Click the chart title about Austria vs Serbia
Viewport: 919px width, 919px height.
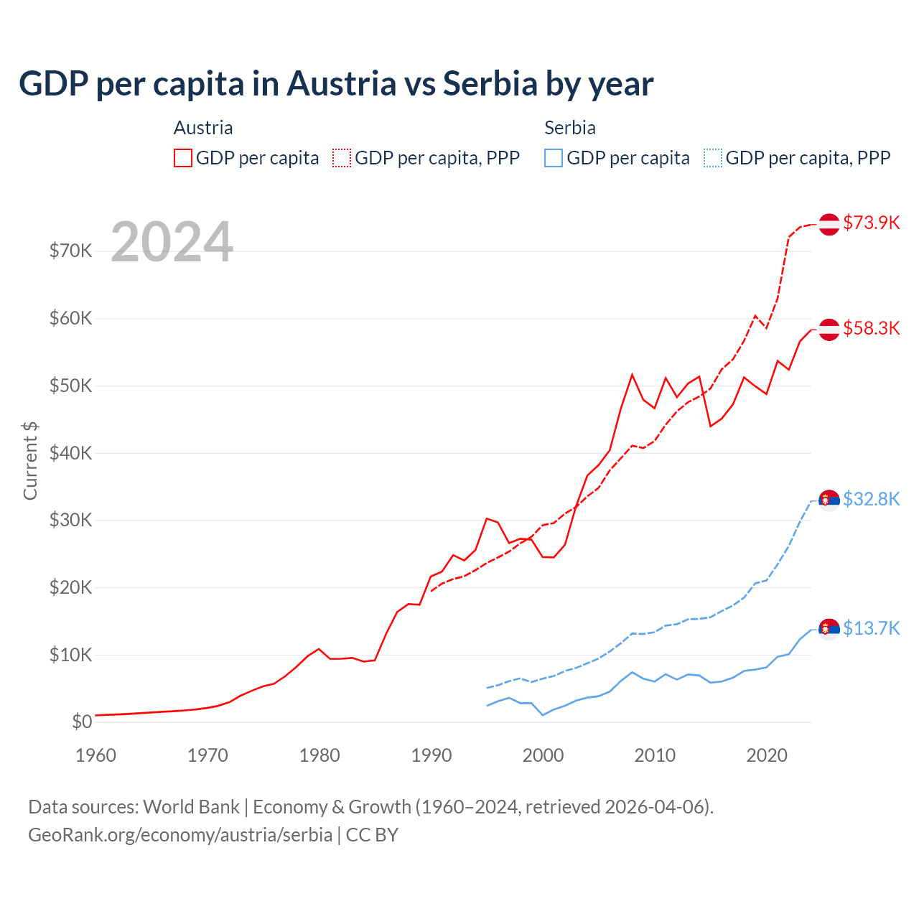(336, 84)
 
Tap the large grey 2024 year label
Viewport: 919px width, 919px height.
(172, 243)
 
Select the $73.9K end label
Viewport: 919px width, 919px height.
(871, 223)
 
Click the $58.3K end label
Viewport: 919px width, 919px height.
(871, 328)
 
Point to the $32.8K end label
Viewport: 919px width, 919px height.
(871, 499)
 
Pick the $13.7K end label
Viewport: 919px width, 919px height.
(871, 628)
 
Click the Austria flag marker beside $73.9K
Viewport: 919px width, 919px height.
(829, 224)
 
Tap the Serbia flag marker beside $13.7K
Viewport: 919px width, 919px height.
(829, 629)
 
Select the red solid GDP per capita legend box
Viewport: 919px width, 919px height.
(183, 158)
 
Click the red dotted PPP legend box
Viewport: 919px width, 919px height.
(342, 158)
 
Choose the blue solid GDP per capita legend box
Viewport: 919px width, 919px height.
(554, 158)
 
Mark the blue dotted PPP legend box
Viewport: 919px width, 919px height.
(713, 158)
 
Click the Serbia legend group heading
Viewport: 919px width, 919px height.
(570, 128)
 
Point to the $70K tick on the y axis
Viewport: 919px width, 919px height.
(70, 251)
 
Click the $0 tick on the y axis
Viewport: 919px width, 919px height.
(82, 722)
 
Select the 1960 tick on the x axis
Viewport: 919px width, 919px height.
(95, 755)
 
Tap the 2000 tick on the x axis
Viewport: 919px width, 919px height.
(543, 755)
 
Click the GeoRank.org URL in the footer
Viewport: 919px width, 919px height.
(180, 835)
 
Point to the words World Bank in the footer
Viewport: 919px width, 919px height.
(191, 807)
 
